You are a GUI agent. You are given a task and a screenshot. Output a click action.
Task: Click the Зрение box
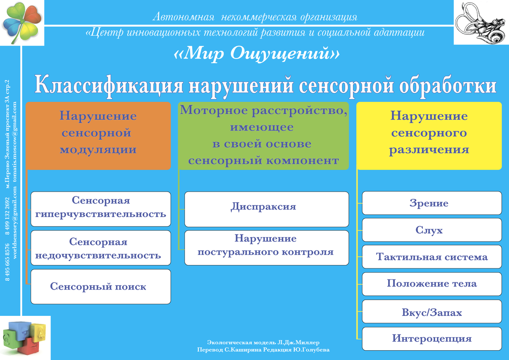click(x=429, y=204)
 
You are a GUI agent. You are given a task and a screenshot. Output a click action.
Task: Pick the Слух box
click(x=429, y=230)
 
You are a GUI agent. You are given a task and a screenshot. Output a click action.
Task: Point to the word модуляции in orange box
click(x=98, y=150)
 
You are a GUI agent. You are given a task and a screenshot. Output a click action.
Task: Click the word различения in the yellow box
click(x=429, y=150)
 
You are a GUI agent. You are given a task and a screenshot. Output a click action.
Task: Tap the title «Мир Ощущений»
click(x=257, y=53)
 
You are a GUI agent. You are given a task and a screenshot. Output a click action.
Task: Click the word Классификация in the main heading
click(x=108, y=85)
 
